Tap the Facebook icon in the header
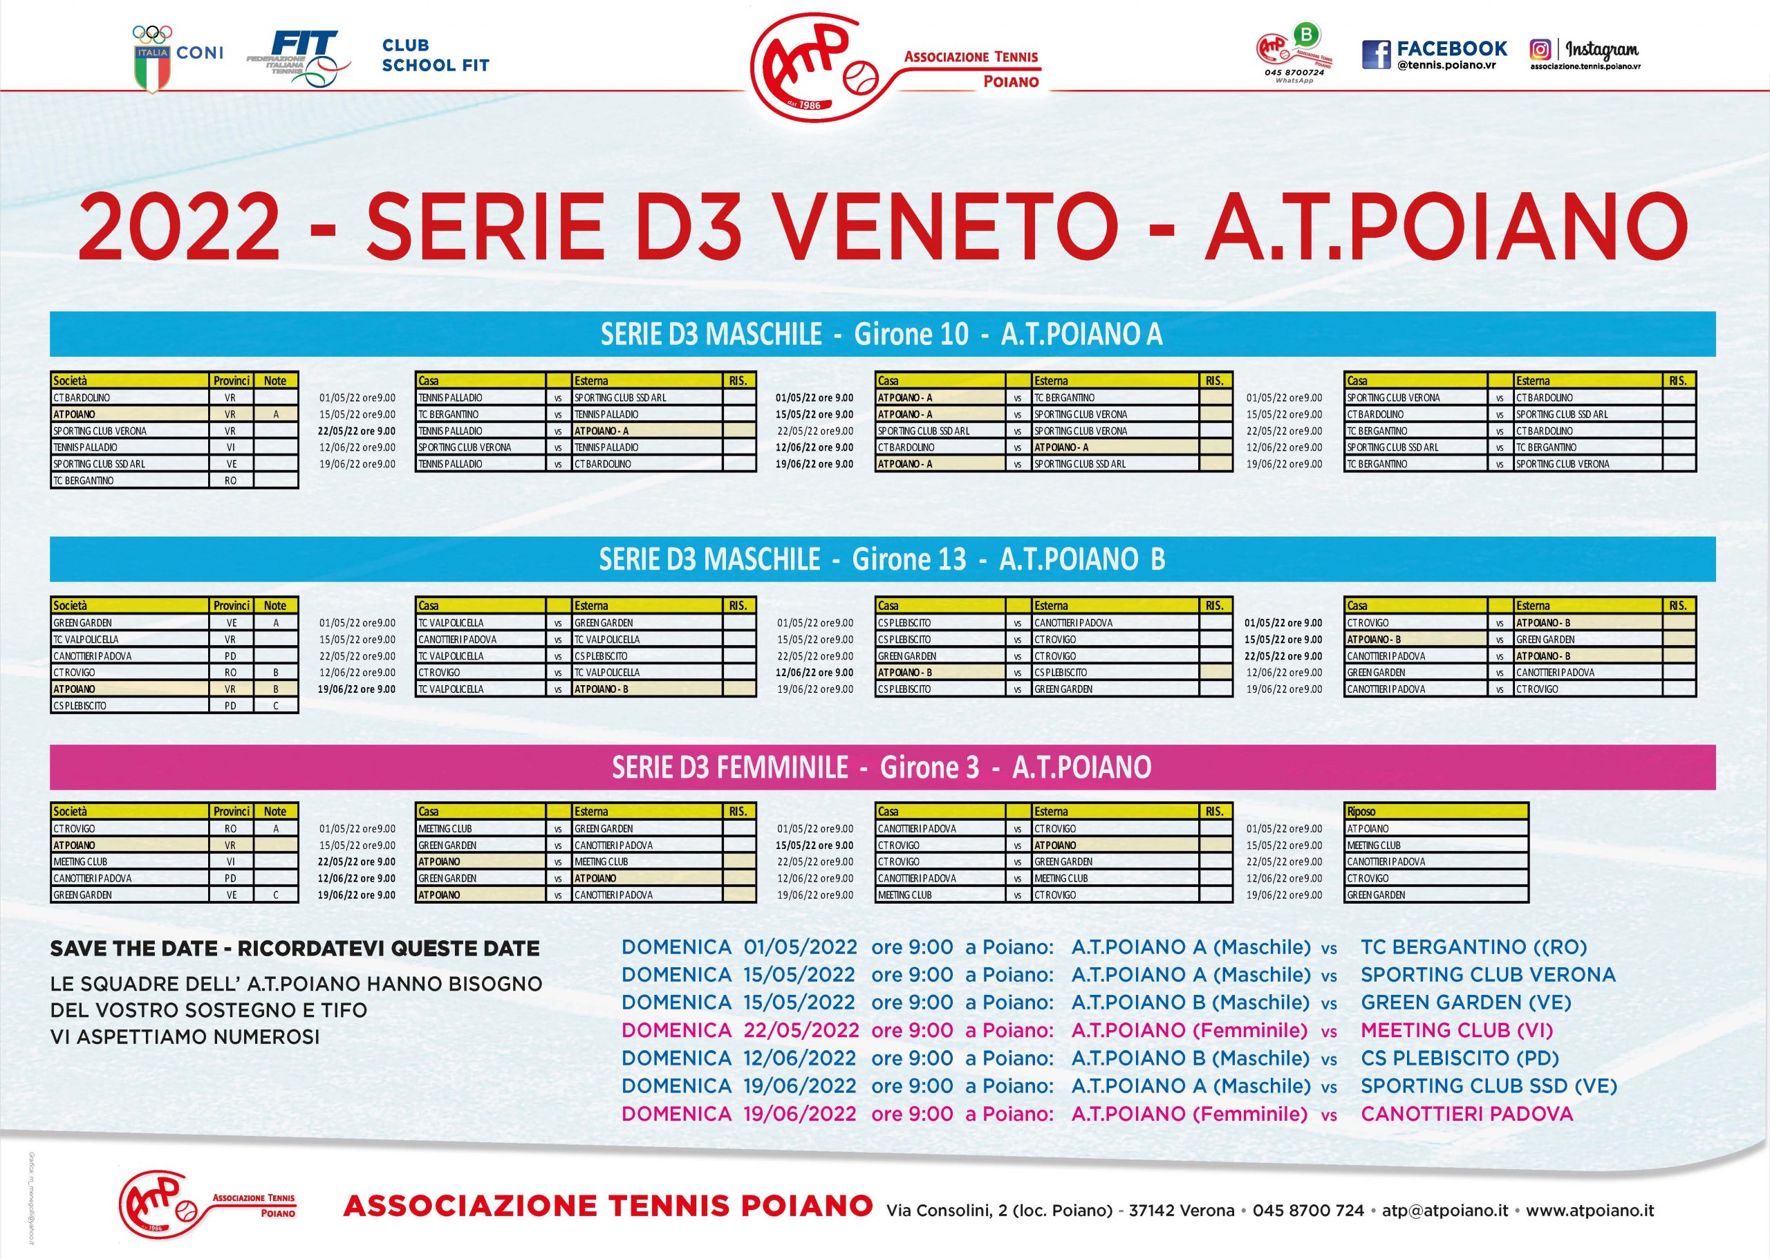pyautogui.click(x=1376, y=54)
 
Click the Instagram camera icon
pyautogui.click(x=1540, y=49)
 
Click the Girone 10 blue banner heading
pyautogui.click(x=882, y=334)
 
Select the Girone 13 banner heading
pyautogui.click(x=882, y=559)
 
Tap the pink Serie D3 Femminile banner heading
pyautogui.click(x=882, y=767)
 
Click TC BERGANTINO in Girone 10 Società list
pyautogui.click(x=84, y=481)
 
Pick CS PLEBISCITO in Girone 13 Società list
pyautogui.click(x=81, y=705)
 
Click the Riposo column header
pyautogui.click(x=1361, y=811)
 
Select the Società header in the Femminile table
pyautogui.click(x=70, y=811)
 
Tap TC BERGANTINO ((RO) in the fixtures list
pyautogui.click(x=1474, y=946)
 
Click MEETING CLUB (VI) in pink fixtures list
pyautogui.click(x=1457, y=1030)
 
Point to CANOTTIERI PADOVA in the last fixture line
pyautogui.click(x=1467, y=1114)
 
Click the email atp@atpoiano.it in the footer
pyautogui.click(x=1445, y=1209)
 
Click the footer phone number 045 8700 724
pyautogui.click(x=1308, y=1209)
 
